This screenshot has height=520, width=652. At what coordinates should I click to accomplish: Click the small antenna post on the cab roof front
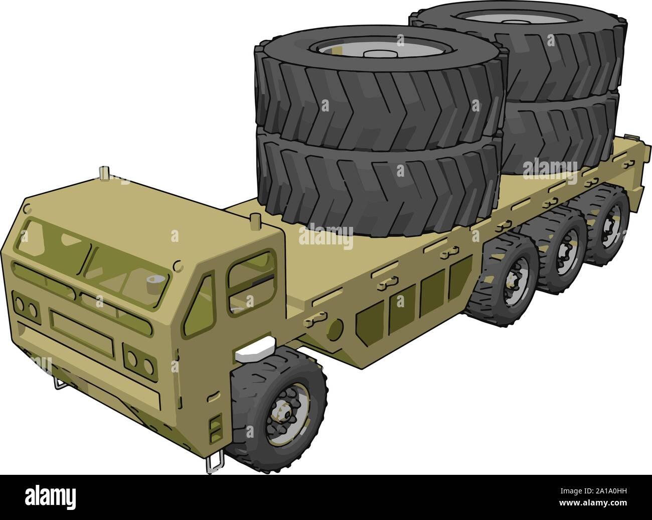104,172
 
